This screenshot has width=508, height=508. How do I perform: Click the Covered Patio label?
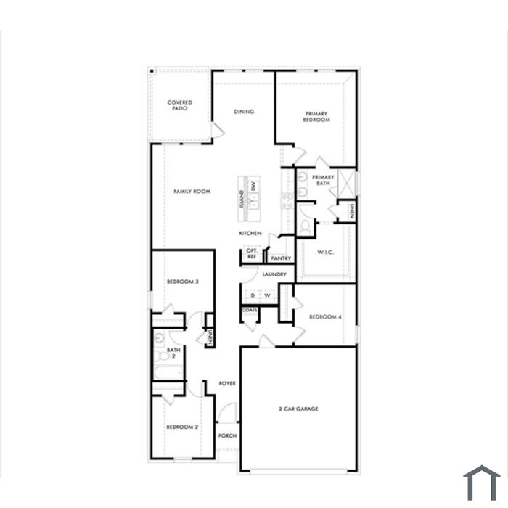180,105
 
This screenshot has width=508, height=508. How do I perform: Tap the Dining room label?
244,112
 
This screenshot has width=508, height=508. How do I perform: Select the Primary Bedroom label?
316,117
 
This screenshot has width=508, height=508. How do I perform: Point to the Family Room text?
192,192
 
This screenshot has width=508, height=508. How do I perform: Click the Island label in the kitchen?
242,200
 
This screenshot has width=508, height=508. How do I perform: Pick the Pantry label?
281,258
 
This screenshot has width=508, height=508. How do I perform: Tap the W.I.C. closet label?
325,252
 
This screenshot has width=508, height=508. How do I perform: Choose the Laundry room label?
274,274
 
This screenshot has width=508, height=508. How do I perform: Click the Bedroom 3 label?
183,282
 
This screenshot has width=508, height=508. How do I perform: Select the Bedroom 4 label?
325,317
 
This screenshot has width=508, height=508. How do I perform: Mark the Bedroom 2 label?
182,427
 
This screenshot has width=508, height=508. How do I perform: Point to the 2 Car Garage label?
299,409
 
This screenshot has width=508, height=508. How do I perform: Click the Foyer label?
227,384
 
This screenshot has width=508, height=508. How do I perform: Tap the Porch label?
227,435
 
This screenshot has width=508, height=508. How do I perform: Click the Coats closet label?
250,310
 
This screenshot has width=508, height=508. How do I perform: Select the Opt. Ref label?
252,254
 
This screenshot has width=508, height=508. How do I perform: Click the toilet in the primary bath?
305,227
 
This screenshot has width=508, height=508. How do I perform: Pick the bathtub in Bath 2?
168,372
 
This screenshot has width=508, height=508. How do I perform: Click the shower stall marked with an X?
346,183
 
